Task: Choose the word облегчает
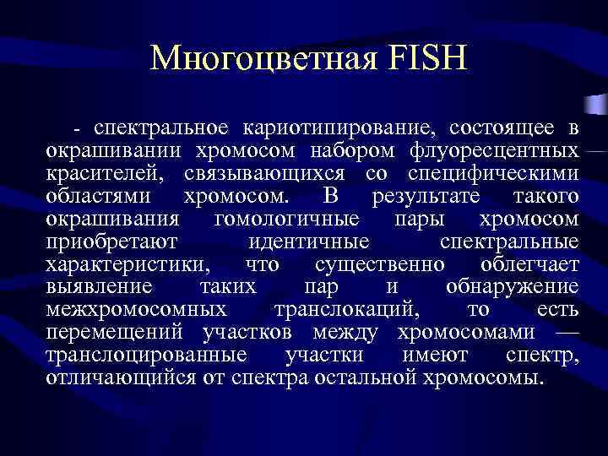click(x=525, y=265)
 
